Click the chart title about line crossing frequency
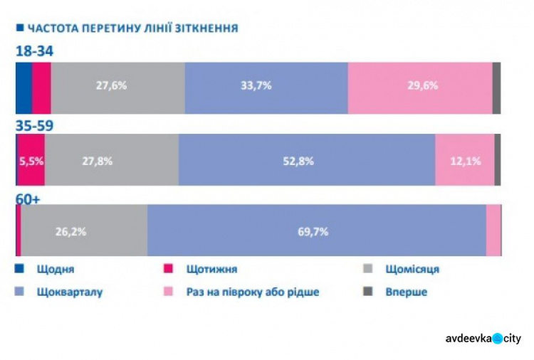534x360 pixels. tap(132, 28)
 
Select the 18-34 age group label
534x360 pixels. tap(35, 51)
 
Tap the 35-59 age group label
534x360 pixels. tap(35, 125)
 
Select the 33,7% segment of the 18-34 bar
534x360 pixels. tap(266, 87)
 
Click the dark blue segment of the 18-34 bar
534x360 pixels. tap(23, 87)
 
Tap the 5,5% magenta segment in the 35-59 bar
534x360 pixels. tap(31, 161)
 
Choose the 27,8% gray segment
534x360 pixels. tap(111, 161)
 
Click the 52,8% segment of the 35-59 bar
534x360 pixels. tap(306, 161)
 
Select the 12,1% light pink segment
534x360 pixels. tap(465, 161)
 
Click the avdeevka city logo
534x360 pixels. tap(482, 339)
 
